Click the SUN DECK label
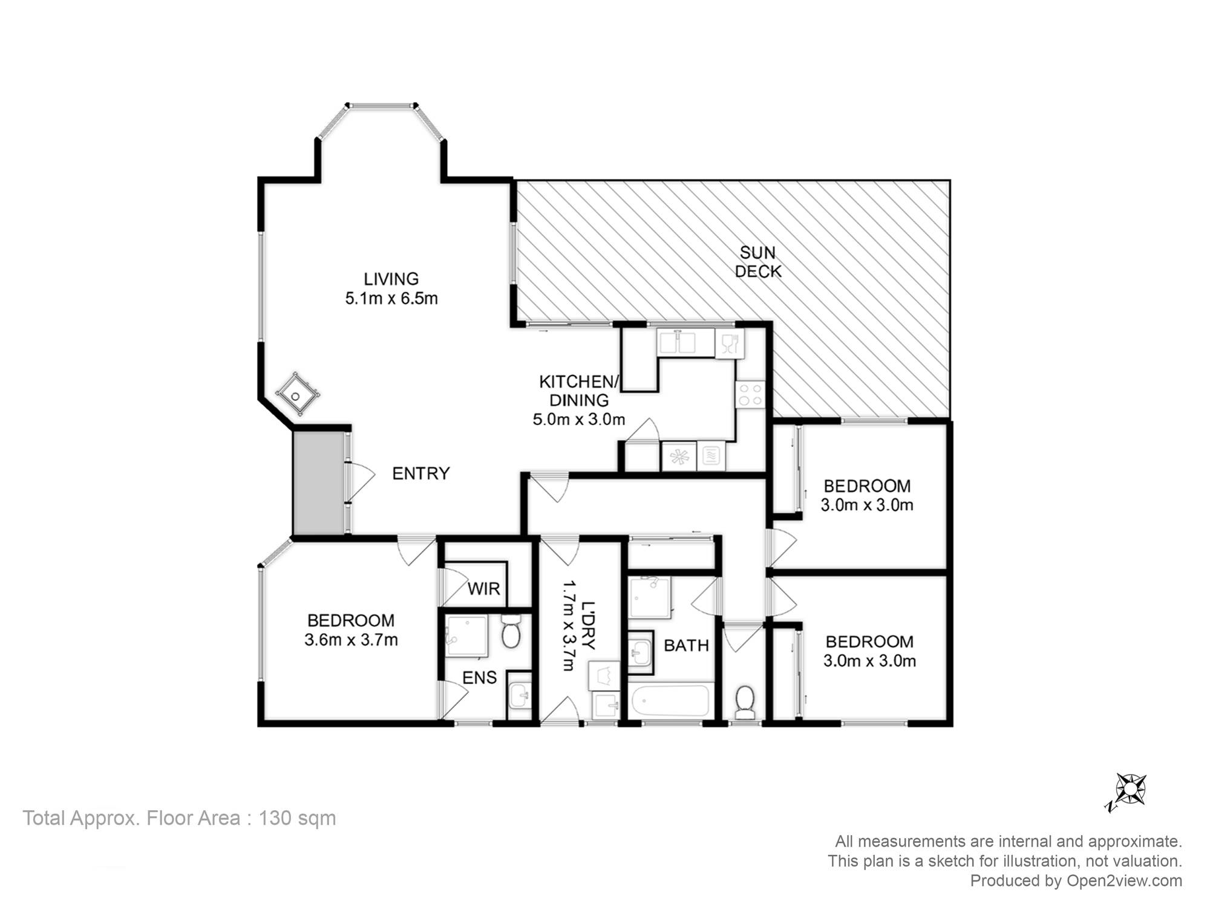pyautogui.click(x=758, y=262)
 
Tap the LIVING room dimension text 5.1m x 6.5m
pyautogui.click(x=391, y=299)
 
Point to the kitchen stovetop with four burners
pyautogui.click(x=750, y=394)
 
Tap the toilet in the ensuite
pyautogui.click(x=512, y=632)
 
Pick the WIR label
pyautogui.click(x=484, y=588)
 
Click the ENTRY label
pyautogui.click(x=421, y=473)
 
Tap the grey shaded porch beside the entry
pyautogui.click(x=318, y=483)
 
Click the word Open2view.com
pyautogui.click(x=1124, y=881)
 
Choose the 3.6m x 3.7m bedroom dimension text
pyautogui.click(x=351, y=640)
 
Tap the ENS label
pyautogui.click(x=480, y=678)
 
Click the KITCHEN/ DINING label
pyautogui.click(x=579, y=391)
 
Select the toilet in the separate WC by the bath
pyautogui.click(x=744, y=701)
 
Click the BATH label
pyautogui.click(x=686, y=646)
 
